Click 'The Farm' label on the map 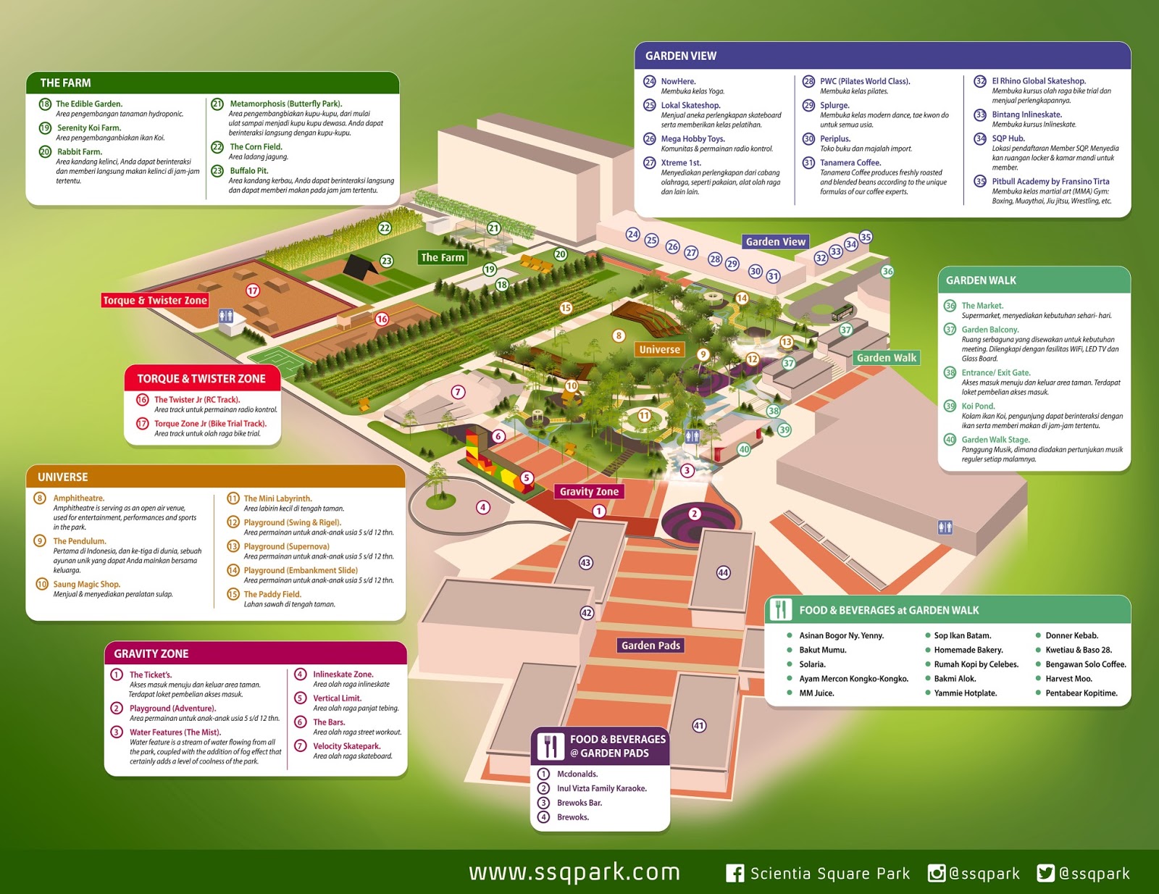pos(443,257)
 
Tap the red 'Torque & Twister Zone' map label pos(155,301)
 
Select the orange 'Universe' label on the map pos(659,349)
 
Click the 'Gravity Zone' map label pos(589,491)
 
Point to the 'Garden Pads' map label pos(650,646)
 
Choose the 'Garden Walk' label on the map pos(886,358)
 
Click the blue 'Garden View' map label pos(775,242)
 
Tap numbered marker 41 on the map pos(699,725)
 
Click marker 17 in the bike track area pos(253,291)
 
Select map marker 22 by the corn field pos(385,228)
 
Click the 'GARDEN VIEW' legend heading pos(681,56)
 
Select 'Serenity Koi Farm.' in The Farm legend pos(89,128)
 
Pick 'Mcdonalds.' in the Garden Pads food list pos(577,774)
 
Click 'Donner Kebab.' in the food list pos(1071,635)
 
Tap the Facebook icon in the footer pos(735,873)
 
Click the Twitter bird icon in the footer pos(1045,873)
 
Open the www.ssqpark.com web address pos(574,872)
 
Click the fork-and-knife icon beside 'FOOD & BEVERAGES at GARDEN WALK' pos(780,610)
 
